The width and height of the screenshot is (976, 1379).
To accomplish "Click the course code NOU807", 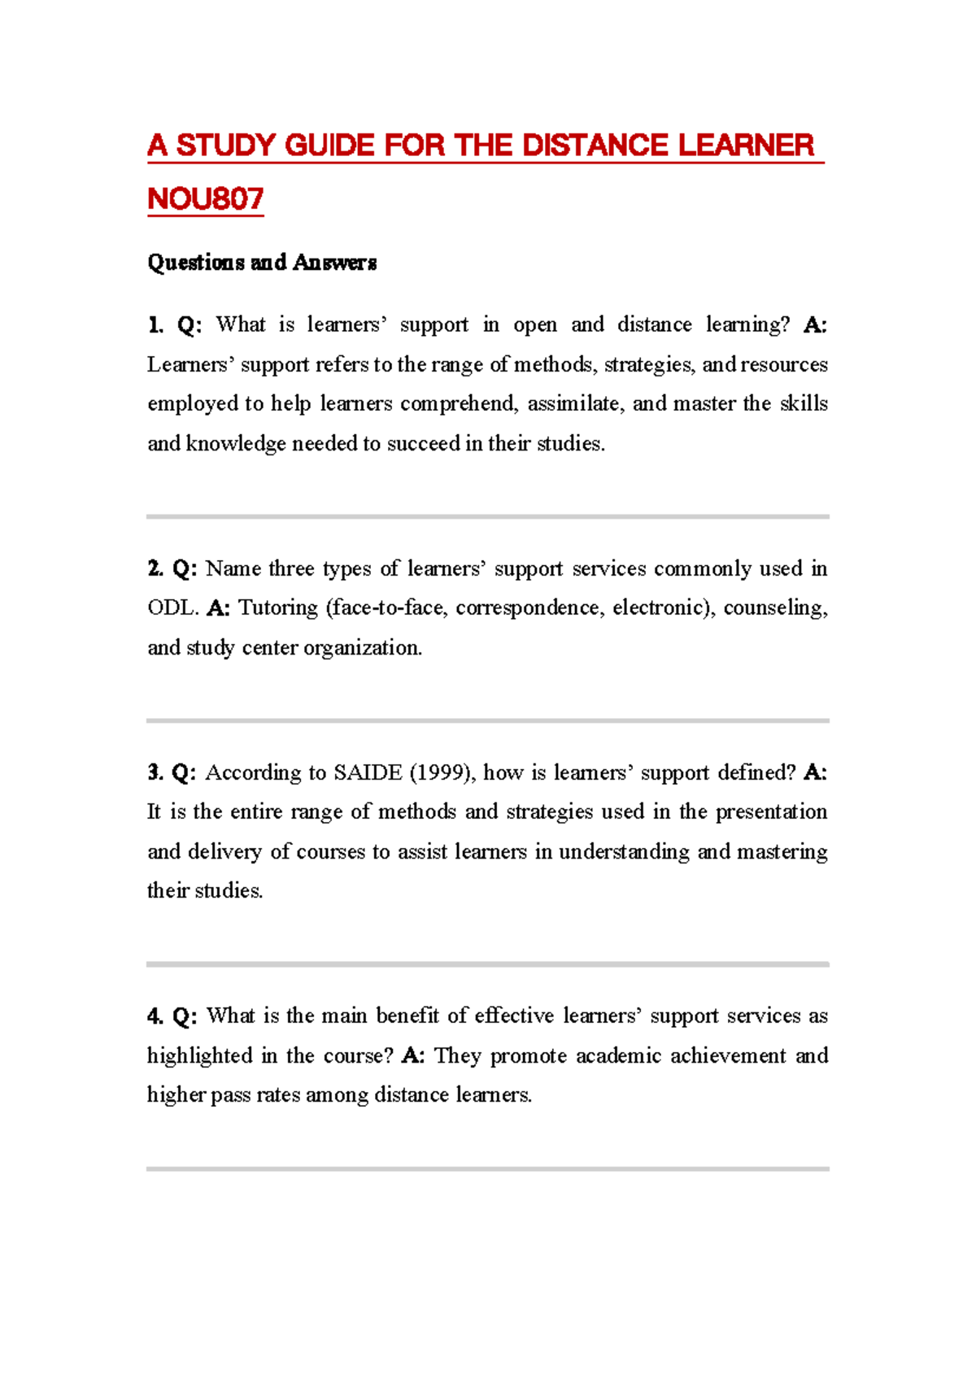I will pos(205,198).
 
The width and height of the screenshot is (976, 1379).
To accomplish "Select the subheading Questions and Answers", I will pos(261,263).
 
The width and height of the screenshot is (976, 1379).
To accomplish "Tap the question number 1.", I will pos(155,325).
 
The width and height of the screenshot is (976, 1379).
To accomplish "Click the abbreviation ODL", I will pos(172,608).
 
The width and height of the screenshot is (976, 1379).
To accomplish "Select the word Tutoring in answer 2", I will pos(277,608).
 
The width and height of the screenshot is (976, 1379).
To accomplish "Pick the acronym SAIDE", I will pos(368,772).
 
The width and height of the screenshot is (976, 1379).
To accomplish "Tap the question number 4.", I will pos(155,1016).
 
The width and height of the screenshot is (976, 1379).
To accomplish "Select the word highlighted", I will pos(199,1056).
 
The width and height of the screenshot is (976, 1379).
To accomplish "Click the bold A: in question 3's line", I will pos(814,772).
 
